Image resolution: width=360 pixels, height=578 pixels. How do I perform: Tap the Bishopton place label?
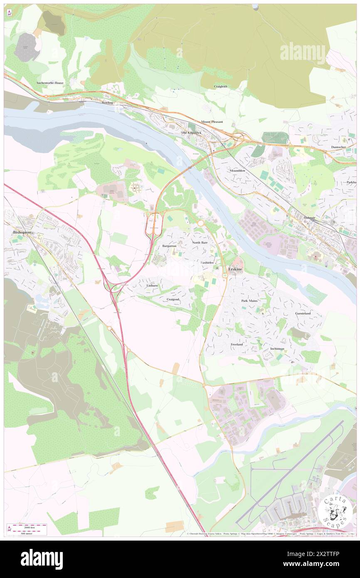click(x=20, y=232)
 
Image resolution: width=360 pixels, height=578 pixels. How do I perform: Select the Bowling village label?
click(x=107, y=102)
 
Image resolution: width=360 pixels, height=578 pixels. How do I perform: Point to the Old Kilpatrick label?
click(x=192, y=133)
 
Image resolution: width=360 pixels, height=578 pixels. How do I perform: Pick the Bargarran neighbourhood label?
click(x=169, y=246)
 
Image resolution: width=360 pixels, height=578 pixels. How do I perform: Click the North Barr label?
click(x=200, y=242)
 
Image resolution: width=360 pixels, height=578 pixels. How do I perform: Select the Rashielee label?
click(x=207, y=263)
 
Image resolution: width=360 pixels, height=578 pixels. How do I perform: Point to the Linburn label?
click(x=152, y=286)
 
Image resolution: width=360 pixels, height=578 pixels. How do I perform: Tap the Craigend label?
click(x=173, y=299)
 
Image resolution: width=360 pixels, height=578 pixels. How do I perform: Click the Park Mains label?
click(x=249, y=300)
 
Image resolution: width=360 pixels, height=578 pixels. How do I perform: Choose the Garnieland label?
click(x=304, y=313)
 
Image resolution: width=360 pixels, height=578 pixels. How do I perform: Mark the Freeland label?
click(x=237, y=345)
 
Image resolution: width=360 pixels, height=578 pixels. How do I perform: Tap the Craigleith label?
click(x=220, y=86)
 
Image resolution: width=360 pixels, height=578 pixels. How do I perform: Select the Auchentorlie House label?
click(x=50, y=83)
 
